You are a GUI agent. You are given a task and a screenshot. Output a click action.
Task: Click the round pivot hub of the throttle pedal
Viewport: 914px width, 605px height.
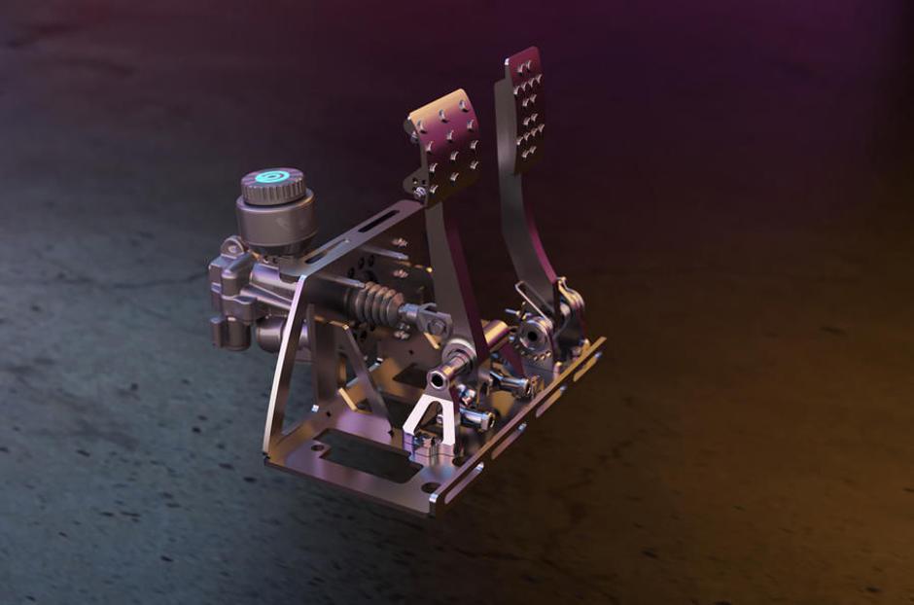pos(534,335)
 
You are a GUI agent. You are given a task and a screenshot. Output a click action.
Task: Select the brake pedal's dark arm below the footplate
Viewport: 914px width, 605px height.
pos(456,263)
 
